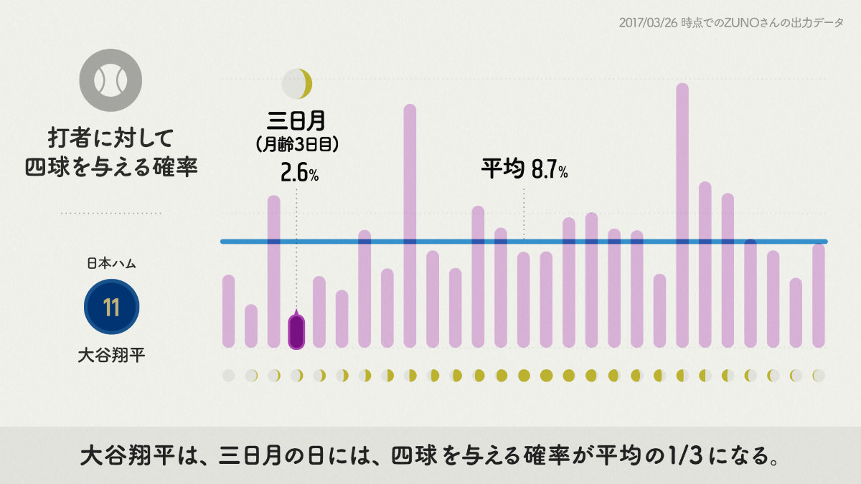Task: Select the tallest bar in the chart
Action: point(682,215)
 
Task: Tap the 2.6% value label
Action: point(300,174)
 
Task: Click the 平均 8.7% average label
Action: point(524,170)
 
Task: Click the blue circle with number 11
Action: point(111,308)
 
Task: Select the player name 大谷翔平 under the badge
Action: point(111,355)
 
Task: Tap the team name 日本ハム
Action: point(111,263)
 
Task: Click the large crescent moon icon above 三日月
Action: point(298,84)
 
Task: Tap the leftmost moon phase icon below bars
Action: point(229,375)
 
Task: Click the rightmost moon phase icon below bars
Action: point(819,375)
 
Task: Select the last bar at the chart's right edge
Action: point(819,295)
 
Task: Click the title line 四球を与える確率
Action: point(111,166)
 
